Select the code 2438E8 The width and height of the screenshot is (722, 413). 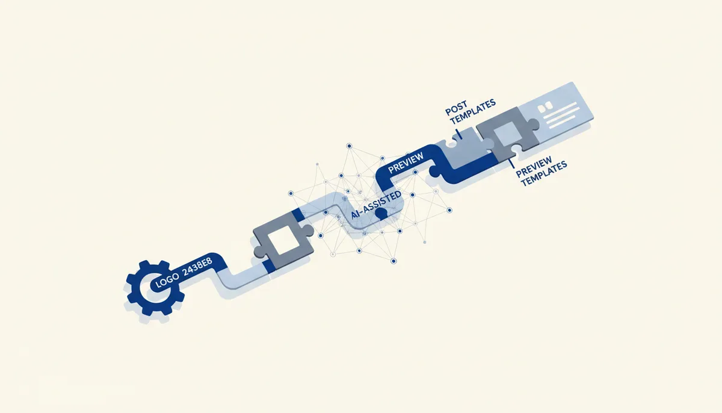coord(197,267)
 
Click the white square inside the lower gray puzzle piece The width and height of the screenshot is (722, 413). coord(283,240)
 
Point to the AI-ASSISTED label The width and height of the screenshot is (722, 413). coord(376,205)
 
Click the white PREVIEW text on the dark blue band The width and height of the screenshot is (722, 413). coord(406,163)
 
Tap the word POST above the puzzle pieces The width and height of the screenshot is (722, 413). coord(456,108)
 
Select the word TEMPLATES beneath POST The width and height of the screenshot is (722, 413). coord(473,111)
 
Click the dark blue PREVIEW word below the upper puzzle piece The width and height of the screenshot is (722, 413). coord(534,167)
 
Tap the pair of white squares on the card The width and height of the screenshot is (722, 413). coord(545,107)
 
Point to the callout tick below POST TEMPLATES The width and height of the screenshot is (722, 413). coord(459,134)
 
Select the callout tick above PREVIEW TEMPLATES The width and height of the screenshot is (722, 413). coord(511,164)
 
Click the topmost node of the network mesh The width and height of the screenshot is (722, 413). coord(349,146)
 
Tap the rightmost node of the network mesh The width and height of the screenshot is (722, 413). coord(449,210)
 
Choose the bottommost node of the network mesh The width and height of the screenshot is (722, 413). coord(393,261)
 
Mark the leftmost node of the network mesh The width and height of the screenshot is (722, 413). coord(291,193)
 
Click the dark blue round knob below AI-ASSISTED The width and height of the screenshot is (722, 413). coord(381,214)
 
